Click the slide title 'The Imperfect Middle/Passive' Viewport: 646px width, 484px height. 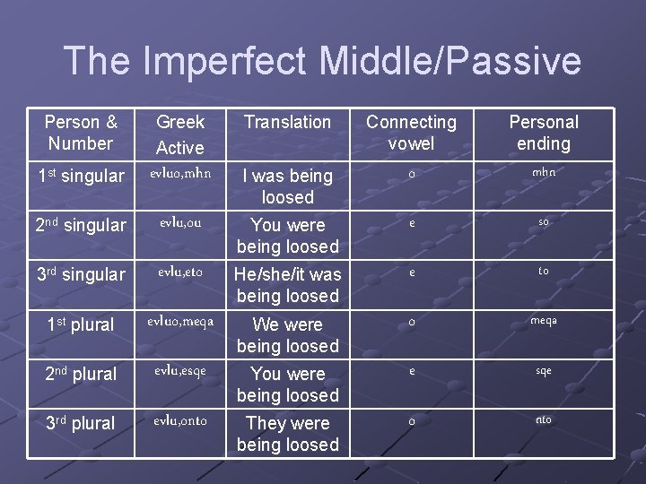[x=323, y=61]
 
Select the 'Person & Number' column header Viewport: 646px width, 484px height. [x=81, y=133]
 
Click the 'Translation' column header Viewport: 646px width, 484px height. [x=287, y=122]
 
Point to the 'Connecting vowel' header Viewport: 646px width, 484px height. [x=411, y=133]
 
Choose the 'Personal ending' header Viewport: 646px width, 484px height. [x=544, y=133]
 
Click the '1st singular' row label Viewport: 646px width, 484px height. [x=81, y=177]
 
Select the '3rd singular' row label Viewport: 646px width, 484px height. [x=81, y=275]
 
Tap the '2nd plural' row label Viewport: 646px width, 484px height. [x=81, y=375]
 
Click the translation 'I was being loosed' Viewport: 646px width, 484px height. [x=287, y=186]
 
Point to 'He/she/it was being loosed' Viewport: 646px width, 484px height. [x=287, y=285]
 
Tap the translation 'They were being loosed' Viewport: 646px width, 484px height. [x=287, y=434]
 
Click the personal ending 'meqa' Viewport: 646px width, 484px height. [x=544, y=321]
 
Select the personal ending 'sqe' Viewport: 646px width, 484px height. [x=544, y=370]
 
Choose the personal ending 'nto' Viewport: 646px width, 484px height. [x=544, y=419]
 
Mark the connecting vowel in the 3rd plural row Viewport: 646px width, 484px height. [x=411, y=420]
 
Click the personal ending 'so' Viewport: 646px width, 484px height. [x=544, y=221]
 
